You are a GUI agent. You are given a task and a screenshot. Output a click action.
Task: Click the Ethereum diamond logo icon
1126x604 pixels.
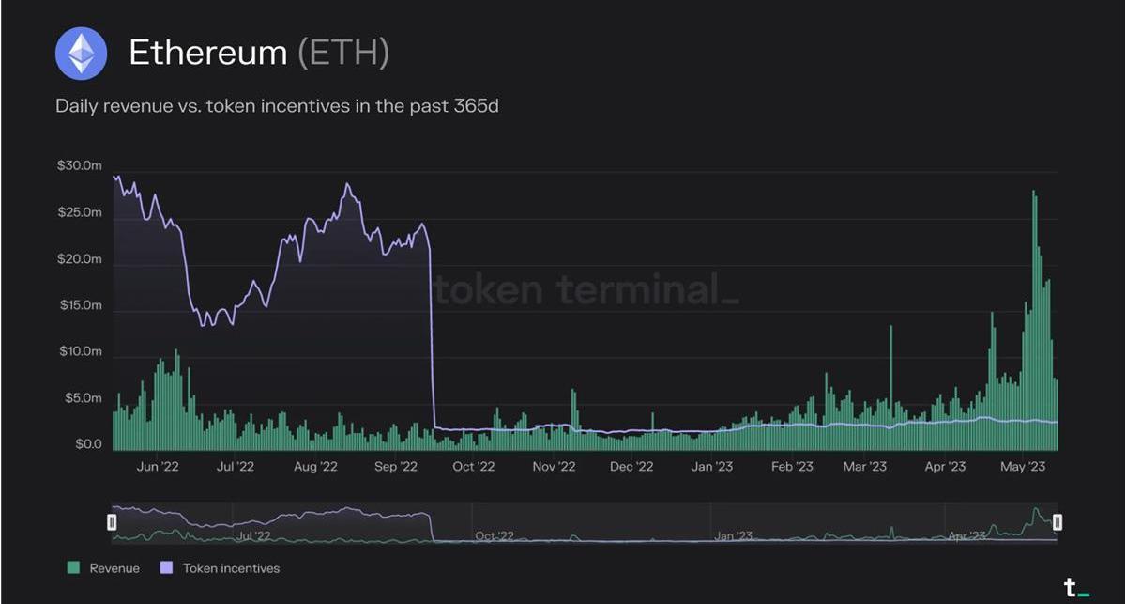pyautogui.click(x=81, y=54)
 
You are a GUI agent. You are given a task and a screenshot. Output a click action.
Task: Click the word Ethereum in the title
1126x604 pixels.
pyautogui.click(x=207, y=53)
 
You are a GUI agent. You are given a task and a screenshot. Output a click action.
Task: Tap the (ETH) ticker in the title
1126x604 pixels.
pyautogui.click(x=342, y=53)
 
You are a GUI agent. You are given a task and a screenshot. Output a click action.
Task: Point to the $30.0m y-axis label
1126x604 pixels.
pyautogui.click(x=79, y=166)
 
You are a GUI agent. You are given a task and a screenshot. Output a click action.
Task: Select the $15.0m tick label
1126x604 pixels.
pyautogui.click(x=79, y=305)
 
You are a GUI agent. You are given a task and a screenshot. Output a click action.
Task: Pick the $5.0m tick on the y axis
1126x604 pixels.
pyautogui.click(x=82, y=398)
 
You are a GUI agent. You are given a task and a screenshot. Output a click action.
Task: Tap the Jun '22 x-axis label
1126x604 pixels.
pyautogui.click(x=157, y=466)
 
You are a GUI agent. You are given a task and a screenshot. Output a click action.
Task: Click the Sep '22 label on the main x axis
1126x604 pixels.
pyautogui.click(x=395, y=466)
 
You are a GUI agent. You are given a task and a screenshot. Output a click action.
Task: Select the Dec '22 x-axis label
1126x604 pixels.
pyautogui.click(x=631, y=466)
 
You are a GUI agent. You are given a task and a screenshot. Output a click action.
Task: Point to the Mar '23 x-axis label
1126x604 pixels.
pyautogui.click(x=864, y=466)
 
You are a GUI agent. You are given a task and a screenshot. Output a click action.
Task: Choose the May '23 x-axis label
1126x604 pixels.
pyautogui.click(x=1023, y=466)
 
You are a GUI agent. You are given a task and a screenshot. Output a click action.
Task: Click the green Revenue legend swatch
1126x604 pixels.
pyautogui.click(x=72, y=567)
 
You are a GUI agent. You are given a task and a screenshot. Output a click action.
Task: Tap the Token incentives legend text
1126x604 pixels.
pyautogui.click(x=231, y=568)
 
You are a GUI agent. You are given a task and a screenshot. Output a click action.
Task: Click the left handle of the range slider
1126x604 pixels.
pyautogui.click(x=112, y=522)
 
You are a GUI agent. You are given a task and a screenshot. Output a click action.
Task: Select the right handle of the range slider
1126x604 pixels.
pyautogui.click(x=1058, y=522)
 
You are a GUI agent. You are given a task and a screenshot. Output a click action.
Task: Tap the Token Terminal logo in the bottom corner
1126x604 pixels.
pyautogui.click(x=1075, y=589)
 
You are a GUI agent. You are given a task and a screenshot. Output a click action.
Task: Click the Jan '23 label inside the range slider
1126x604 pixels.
pyautogui.click(x=733, y=536)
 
